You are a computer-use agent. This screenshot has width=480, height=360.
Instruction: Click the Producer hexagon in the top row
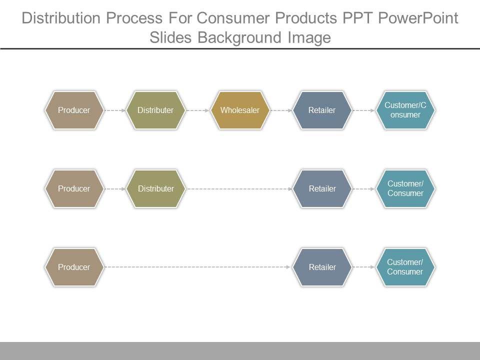(74, 110)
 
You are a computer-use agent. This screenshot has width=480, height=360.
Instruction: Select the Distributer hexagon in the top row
(155, 110)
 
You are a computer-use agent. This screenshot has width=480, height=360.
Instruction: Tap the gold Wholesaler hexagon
(240, 110)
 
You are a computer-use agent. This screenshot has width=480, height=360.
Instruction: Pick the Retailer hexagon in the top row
(322, 110)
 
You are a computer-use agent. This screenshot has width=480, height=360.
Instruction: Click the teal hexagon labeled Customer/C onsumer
(405, 110)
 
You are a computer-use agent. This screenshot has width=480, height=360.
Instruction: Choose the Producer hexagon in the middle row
(74, 188)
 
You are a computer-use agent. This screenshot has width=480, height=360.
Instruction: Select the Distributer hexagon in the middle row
(155, 188)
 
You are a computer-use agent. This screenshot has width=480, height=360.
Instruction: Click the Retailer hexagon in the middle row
(322, 188)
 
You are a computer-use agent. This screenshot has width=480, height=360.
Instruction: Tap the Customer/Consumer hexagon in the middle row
(405, 188)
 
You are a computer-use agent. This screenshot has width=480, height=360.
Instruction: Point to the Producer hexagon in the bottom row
(74, 267)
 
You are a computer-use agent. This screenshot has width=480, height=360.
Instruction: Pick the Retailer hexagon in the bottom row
(322, 267)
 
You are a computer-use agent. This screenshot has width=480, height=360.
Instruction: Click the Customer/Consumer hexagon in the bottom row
(405, 267)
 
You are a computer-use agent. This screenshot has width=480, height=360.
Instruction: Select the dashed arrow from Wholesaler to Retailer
(280, 110)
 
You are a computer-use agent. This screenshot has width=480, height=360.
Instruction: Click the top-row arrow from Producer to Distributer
(114, 110)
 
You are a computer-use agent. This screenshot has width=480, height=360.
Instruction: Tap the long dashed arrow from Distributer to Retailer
(239, 189)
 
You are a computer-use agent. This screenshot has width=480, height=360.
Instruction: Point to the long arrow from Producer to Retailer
(197, 267)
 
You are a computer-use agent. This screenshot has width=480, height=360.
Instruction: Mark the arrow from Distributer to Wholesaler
(197, 110)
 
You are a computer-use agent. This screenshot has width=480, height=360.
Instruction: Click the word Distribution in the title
(60, 18)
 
